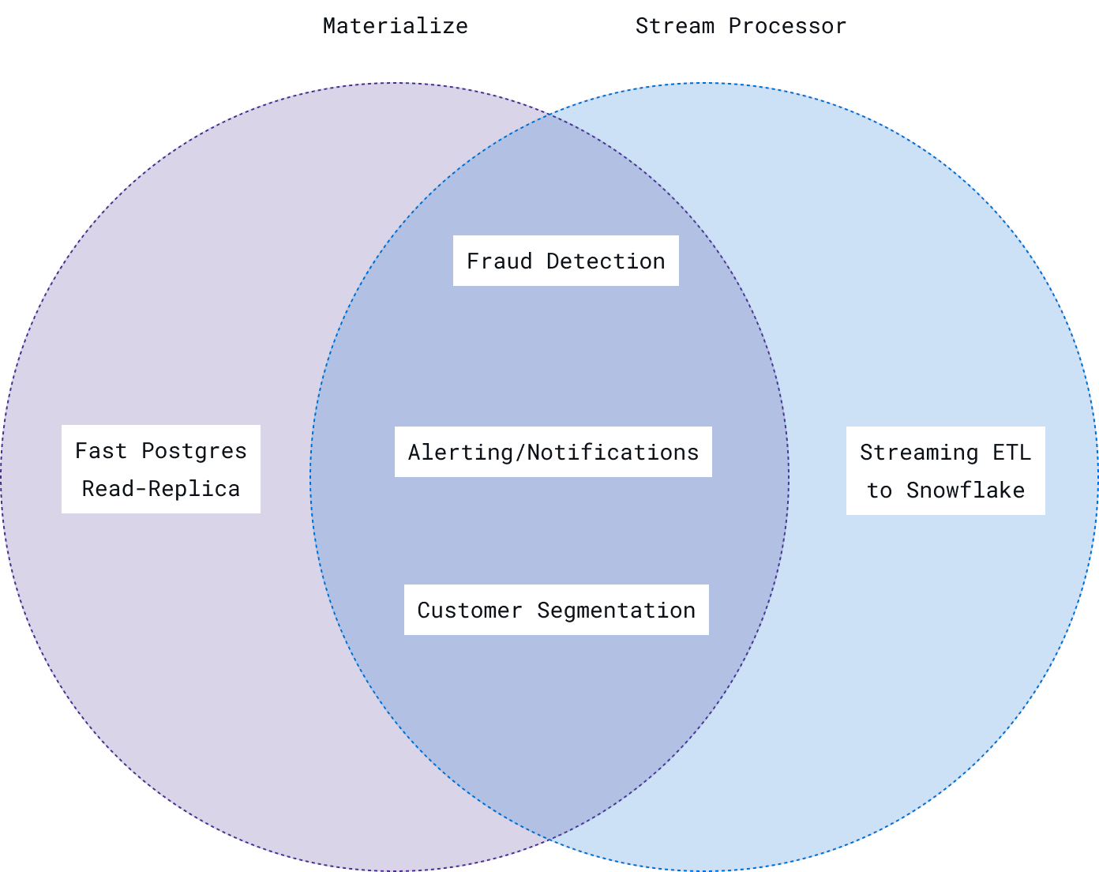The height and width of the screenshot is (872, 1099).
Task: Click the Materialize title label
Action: pos(395,26)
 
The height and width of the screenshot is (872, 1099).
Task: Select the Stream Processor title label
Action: pos(741,26)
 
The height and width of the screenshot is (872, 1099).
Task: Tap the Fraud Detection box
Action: pos(565,261)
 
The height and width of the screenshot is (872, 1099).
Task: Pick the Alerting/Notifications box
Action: pos(553,452)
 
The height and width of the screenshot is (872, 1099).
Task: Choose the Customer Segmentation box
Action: pos(556,610)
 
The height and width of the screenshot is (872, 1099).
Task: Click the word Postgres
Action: pos(194,451)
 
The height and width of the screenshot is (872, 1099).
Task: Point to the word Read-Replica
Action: pos(161,489)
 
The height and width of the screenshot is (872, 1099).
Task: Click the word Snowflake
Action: pos(965,490)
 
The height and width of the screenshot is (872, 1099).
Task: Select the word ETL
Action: pos(1011,453)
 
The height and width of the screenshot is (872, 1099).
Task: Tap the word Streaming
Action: pos(919,453)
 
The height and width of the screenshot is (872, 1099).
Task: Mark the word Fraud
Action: pos(499,261)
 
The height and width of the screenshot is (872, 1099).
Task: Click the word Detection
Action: pos(606,261)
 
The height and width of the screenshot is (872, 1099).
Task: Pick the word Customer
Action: pos(470,611)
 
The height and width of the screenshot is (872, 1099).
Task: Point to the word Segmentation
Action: pos(616,611)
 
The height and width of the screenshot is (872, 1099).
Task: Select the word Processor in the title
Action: pos(787,26)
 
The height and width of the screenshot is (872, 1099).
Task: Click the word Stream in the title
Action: pos(675,26)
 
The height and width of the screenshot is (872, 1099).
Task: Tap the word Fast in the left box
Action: pos(101,451)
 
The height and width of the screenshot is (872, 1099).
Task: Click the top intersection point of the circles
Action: pos(549,115)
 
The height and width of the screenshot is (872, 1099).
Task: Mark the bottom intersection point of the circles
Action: pos(549,838)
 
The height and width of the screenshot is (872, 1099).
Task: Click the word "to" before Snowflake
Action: pos(880,490)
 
